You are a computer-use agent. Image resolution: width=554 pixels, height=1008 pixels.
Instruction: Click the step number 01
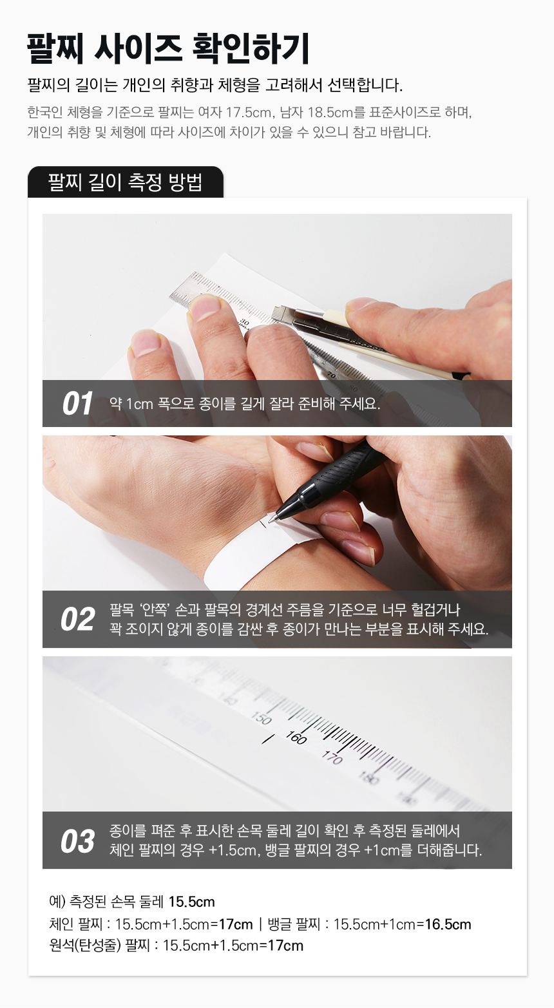pyautogui.click(x=77, y=403)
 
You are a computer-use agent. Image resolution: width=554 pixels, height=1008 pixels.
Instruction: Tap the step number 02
pyautogui.click(x=77, y=619)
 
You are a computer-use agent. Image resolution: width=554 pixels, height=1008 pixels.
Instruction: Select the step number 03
pyautogui.click(x=77, y=841)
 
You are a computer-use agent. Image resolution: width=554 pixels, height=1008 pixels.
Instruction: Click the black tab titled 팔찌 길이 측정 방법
pyautogui.click(x=126, y=182)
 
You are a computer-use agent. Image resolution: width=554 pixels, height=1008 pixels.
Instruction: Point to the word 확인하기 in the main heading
pyautogui.click(x=251, y=48)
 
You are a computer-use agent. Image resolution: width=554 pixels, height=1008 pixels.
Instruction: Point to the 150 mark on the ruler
pyautogui.click(x=262, y=718)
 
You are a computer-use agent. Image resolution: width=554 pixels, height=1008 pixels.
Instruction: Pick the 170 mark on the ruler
pyautogui.click(x=332, y=758)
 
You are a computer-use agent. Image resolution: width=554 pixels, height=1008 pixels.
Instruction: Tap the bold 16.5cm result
pyautogui.click(x=448, y=924)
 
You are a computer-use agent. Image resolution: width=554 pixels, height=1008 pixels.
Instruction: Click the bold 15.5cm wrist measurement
pyautogui.click(x=191, y=902)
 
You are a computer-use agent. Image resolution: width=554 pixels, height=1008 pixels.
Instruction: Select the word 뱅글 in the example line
pyautogui.click(x=278, y=924)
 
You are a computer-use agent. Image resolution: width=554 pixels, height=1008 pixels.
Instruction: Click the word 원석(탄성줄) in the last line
pyautogui.click(x=85, y=946)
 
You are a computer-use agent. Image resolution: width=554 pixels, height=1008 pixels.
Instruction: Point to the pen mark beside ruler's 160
pyautogui.click(x=268, y=739)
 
